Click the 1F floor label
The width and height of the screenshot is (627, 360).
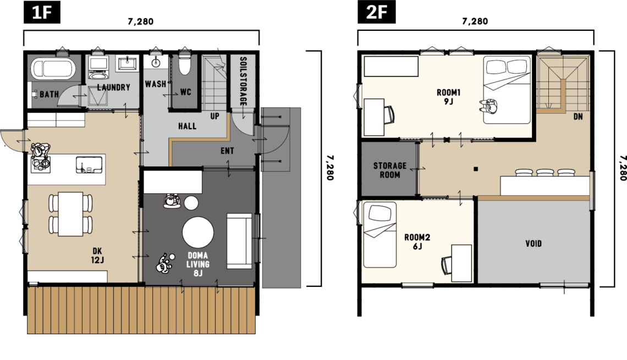click(x=42, y=12)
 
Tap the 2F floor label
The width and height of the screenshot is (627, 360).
click(x=376, y=12)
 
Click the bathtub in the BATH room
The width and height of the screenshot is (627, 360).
click(x=53, y=68)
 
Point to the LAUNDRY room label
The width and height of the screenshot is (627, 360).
click(x=113, y=87)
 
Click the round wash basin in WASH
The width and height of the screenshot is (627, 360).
click(x=156, y=62)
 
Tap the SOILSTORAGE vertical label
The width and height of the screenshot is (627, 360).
click(x=243, y=81)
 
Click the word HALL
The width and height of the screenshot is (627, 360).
click(x=187, y=126)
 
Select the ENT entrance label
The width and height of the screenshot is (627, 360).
click(x=227, y=151)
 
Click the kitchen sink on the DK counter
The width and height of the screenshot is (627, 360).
click(x=89, y=165)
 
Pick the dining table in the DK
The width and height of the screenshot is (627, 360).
click(x=71, y=214)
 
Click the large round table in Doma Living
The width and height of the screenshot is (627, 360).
click(x=198, y=232)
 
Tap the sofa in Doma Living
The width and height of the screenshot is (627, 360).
click(x=239, y=241)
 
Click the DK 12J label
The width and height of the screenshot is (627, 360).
click(x=97, y=256)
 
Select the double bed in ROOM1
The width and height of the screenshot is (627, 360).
click(x=507, y=90)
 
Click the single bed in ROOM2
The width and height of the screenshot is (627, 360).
click(x=380, y=235)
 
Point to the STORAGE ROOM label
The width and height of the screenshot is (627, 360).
click(x=390, y=170)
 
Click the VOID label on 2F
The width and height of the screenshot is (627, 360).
click(x=533, y=243)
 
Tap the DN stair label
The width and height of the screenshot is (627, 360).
click(x=578, y=117)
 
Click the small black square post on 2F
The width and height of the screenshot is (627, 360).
click(x=475, y=169)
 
